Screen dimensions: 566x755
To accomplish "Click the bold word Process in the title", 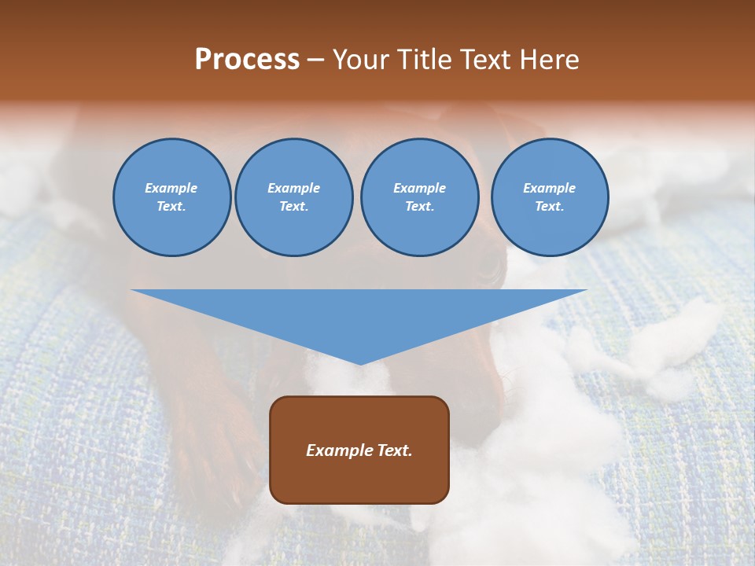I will (x=247, y=60).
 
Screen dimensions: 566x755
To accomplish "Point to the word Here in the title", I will (x=550, y=60).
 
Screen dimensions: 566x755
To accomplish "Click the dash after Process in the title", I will (x=316, y=61).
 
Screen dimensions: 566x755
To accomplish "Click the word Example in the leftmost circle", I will (x=171, y=188).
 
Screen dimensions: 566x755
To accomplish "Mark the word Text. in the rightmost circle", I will (x=550, y=206).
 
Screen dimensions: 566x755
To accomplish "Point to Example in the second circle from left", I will (x=294, y=188).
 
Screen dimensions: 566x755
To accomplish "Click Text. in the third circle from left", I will (x=419, y=206).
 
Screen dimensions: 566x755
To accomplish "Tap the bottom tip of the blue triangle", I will (x=359, y=363).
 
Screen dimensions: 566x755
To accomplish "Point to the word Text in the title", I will (x=483, y=60).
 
